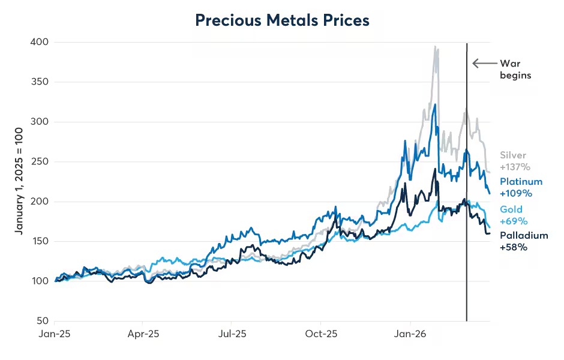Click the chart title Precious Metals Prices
(x=282, y=20)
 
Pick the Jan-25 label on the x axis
(x=55, y=334)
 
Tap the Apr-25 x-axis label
(x=143, y=334)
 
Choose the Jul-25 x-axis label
(x=232, y=334)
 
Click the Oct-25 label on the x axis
(x=320, y=334)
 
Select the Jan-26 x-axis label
(x=409, y=334)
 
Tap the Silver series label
(x=513, y=155)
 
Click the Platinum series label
(x=521, y=182)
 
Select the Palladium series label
(x=524, y=235)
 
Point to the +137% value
(x=515, y=167)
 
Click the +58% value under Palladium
(x=513, y=247)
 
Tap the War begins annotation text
(x=515, y=69)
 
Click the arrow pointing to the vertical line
(x=483, y=63)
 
